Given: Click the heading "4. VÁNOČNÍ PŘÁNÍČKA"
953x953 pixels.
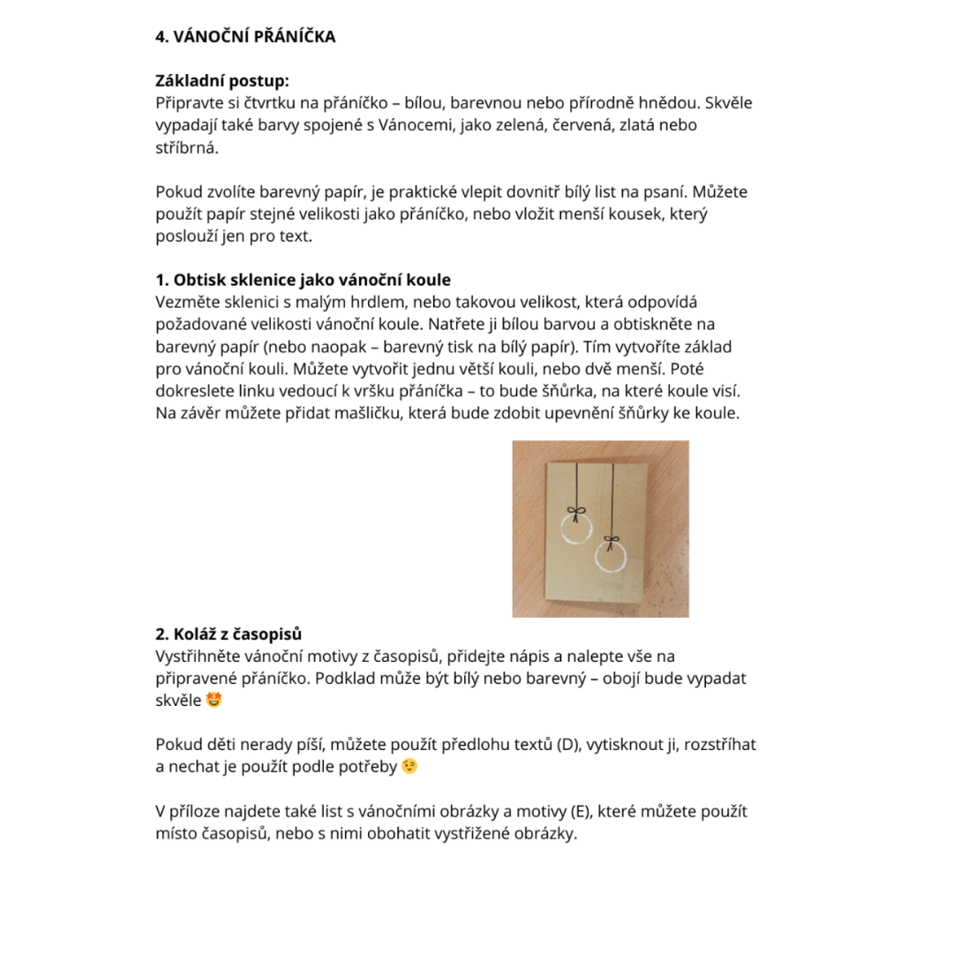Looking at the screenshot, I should point(245,37).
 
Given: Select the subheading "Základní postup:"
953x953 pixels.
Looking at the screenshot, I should point(221,81).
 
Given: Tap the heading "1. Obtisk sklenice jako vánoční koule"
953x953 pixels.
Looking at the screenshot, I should point(303,280).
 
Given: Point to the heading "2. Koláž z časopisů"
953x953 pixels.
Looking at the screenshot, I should point(229,634).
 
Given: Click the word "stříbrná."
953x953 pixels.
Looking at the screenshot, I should point(187,147).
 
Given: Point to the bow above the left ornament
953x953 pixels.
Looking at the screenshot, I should point(575,510).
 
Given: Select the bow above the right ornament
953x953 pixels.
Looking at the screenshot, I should point(611,539).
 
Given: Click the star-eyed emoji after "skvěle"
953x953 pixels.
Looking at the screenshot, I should point(214,701).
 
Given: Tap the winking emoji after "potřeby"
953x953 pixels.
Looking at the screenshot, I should point(409,766).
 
